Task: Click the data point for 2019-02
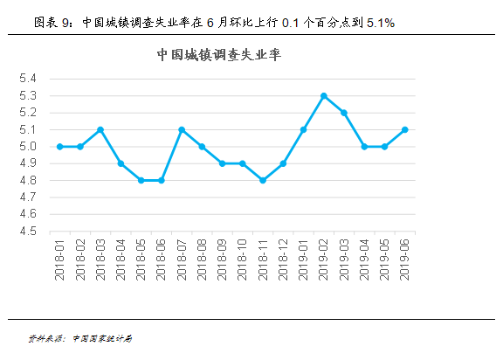click(x=324, y=96)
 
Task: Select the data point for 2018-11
click(x=263, y=180)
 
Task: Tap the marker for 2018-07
click(x=182, y=129)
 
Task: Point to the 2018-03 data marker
click(x=100, y=129)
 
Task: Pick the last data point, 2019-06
click(x=405, y=129)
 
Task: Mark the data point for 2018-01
click(x=59, y=147)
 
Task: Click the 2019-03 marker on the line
click(x=344, y=113)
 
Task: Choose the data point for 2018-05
click(x=141, y=180)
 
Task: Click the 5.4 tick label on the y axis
click(x=28, y=79)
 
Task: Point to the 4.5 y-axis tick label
click(x=28, y=231)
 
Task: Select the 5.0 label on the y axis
click(x=28, y=147)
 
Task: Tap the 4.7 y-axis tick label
click(x=28, y=197)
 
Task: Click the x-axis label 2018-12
click(x=283, y=260)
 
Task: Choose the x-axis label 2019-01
click(x=303, y=260)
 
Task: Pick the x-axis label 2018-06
click(x=161, y=260)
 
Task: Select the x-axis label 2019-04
click(x=364, y=260)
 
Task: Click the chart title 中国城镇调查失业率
click(x=219, y=55)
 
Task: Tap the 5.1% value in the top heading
click(x=381, y=23)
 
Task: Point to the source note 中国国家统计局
click(x=102, y=338)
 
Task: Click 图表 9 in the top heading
click(x=52, y=23)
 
